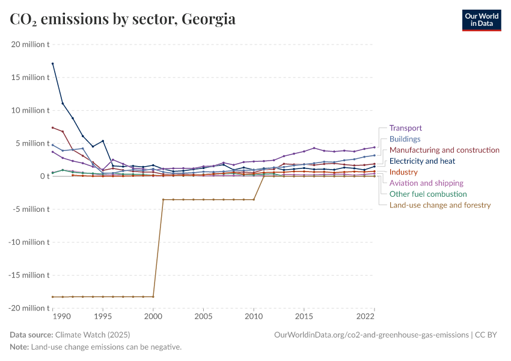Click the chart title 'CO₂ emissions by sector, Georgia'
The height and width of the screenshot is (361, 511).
123,19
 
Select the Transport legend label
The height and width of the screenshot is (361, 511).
405,128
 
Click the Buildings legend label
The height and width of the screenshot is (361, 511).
405,139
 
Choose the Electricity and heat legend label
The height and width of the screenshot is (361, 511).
422,161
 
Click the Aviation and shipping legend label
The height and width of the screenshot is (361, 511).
426,183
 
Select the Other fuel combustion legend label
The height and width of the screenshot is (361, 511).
428,194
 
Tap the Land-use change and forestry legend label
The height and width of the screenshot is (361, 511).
440,205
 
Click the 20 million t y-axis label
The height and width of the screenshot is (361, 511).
30,45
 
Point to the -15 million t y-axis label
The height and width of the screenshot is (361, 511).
29,275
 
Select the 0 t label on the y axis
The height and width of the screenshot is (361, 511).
44,176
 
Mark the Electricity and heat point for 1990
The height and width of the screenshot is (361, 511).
53,63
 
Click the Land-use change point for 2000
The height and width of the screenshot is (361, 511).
153,297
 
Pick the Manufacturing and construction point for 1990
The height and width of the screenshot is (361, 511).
53,128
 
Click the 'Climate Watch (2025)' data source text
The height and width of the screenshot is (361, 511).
92,335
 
